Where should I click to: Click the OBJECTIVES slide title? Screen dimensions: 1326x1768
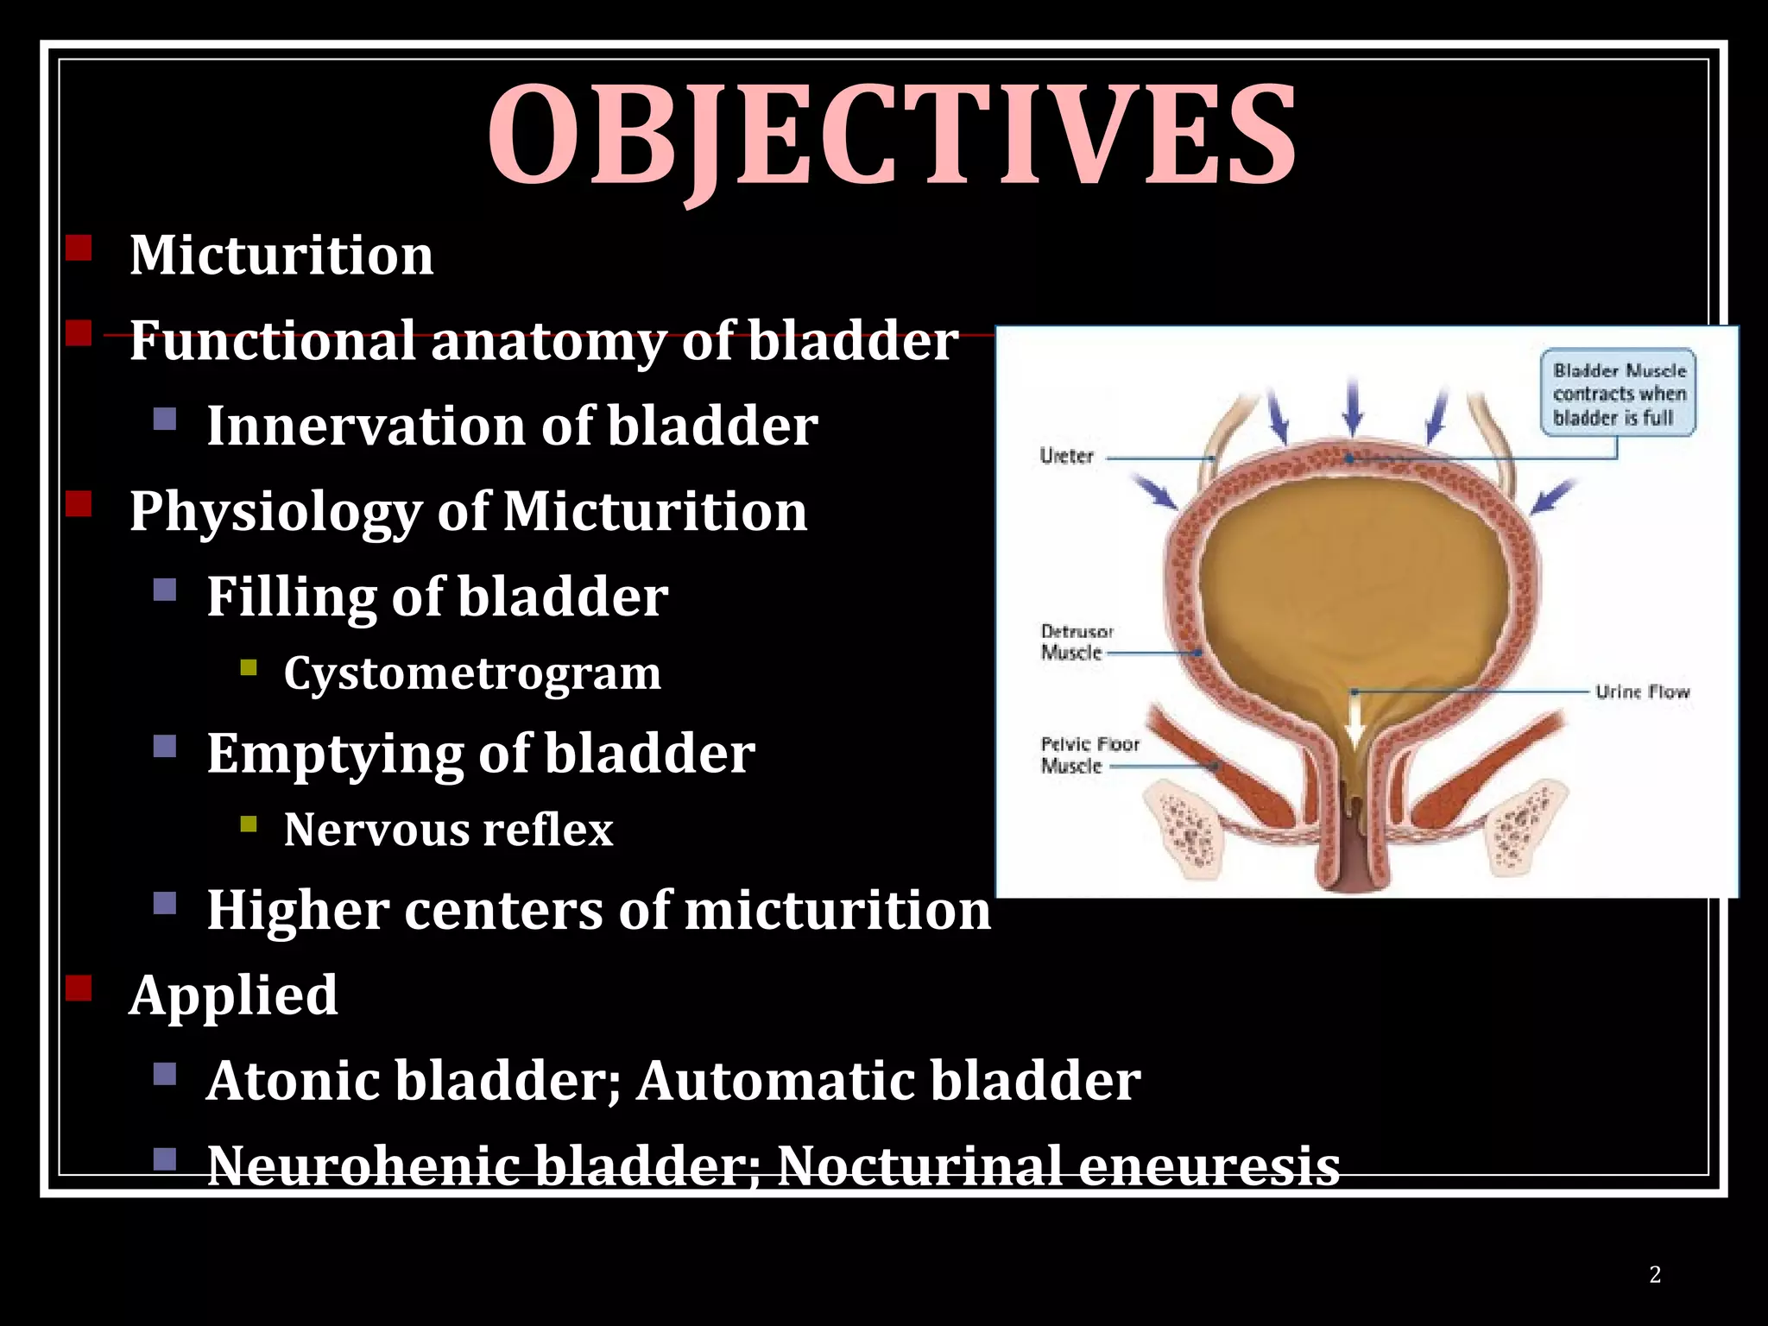(891, 136)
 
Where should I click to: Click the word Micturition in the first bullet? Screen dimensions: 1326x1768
(281, 256)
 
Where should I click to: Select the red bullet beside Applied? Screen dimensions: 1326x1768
(79, 988)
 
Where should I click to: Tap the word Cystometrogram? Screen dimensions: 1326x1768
(472, 673)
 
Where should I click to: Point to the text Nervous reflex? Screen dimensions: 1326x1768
(448, 830)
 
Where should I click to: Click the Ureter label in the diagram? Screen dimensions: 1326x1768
(1066, 456)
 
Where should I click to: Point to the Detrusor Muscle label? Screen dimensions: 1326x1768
(1076, 642)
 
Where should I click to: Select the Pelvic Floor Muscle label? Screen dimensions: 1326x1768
(1089, 755)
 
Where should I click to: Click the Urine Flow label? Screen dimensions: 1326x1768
(1641, 691)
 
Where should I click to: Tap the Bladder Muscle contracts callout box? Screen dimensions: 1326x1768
(1618, 394)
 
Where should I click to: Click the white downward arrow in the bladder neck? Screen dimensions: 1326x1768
(1354, 721)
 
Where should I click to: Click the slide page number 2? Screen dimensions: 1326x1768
(1655, 1274)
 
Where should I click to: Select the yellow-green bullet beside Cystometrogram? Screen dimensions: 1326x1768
(249, 667)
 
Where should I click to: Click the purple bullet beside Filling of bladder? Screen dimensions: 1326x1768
(165, 590)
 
